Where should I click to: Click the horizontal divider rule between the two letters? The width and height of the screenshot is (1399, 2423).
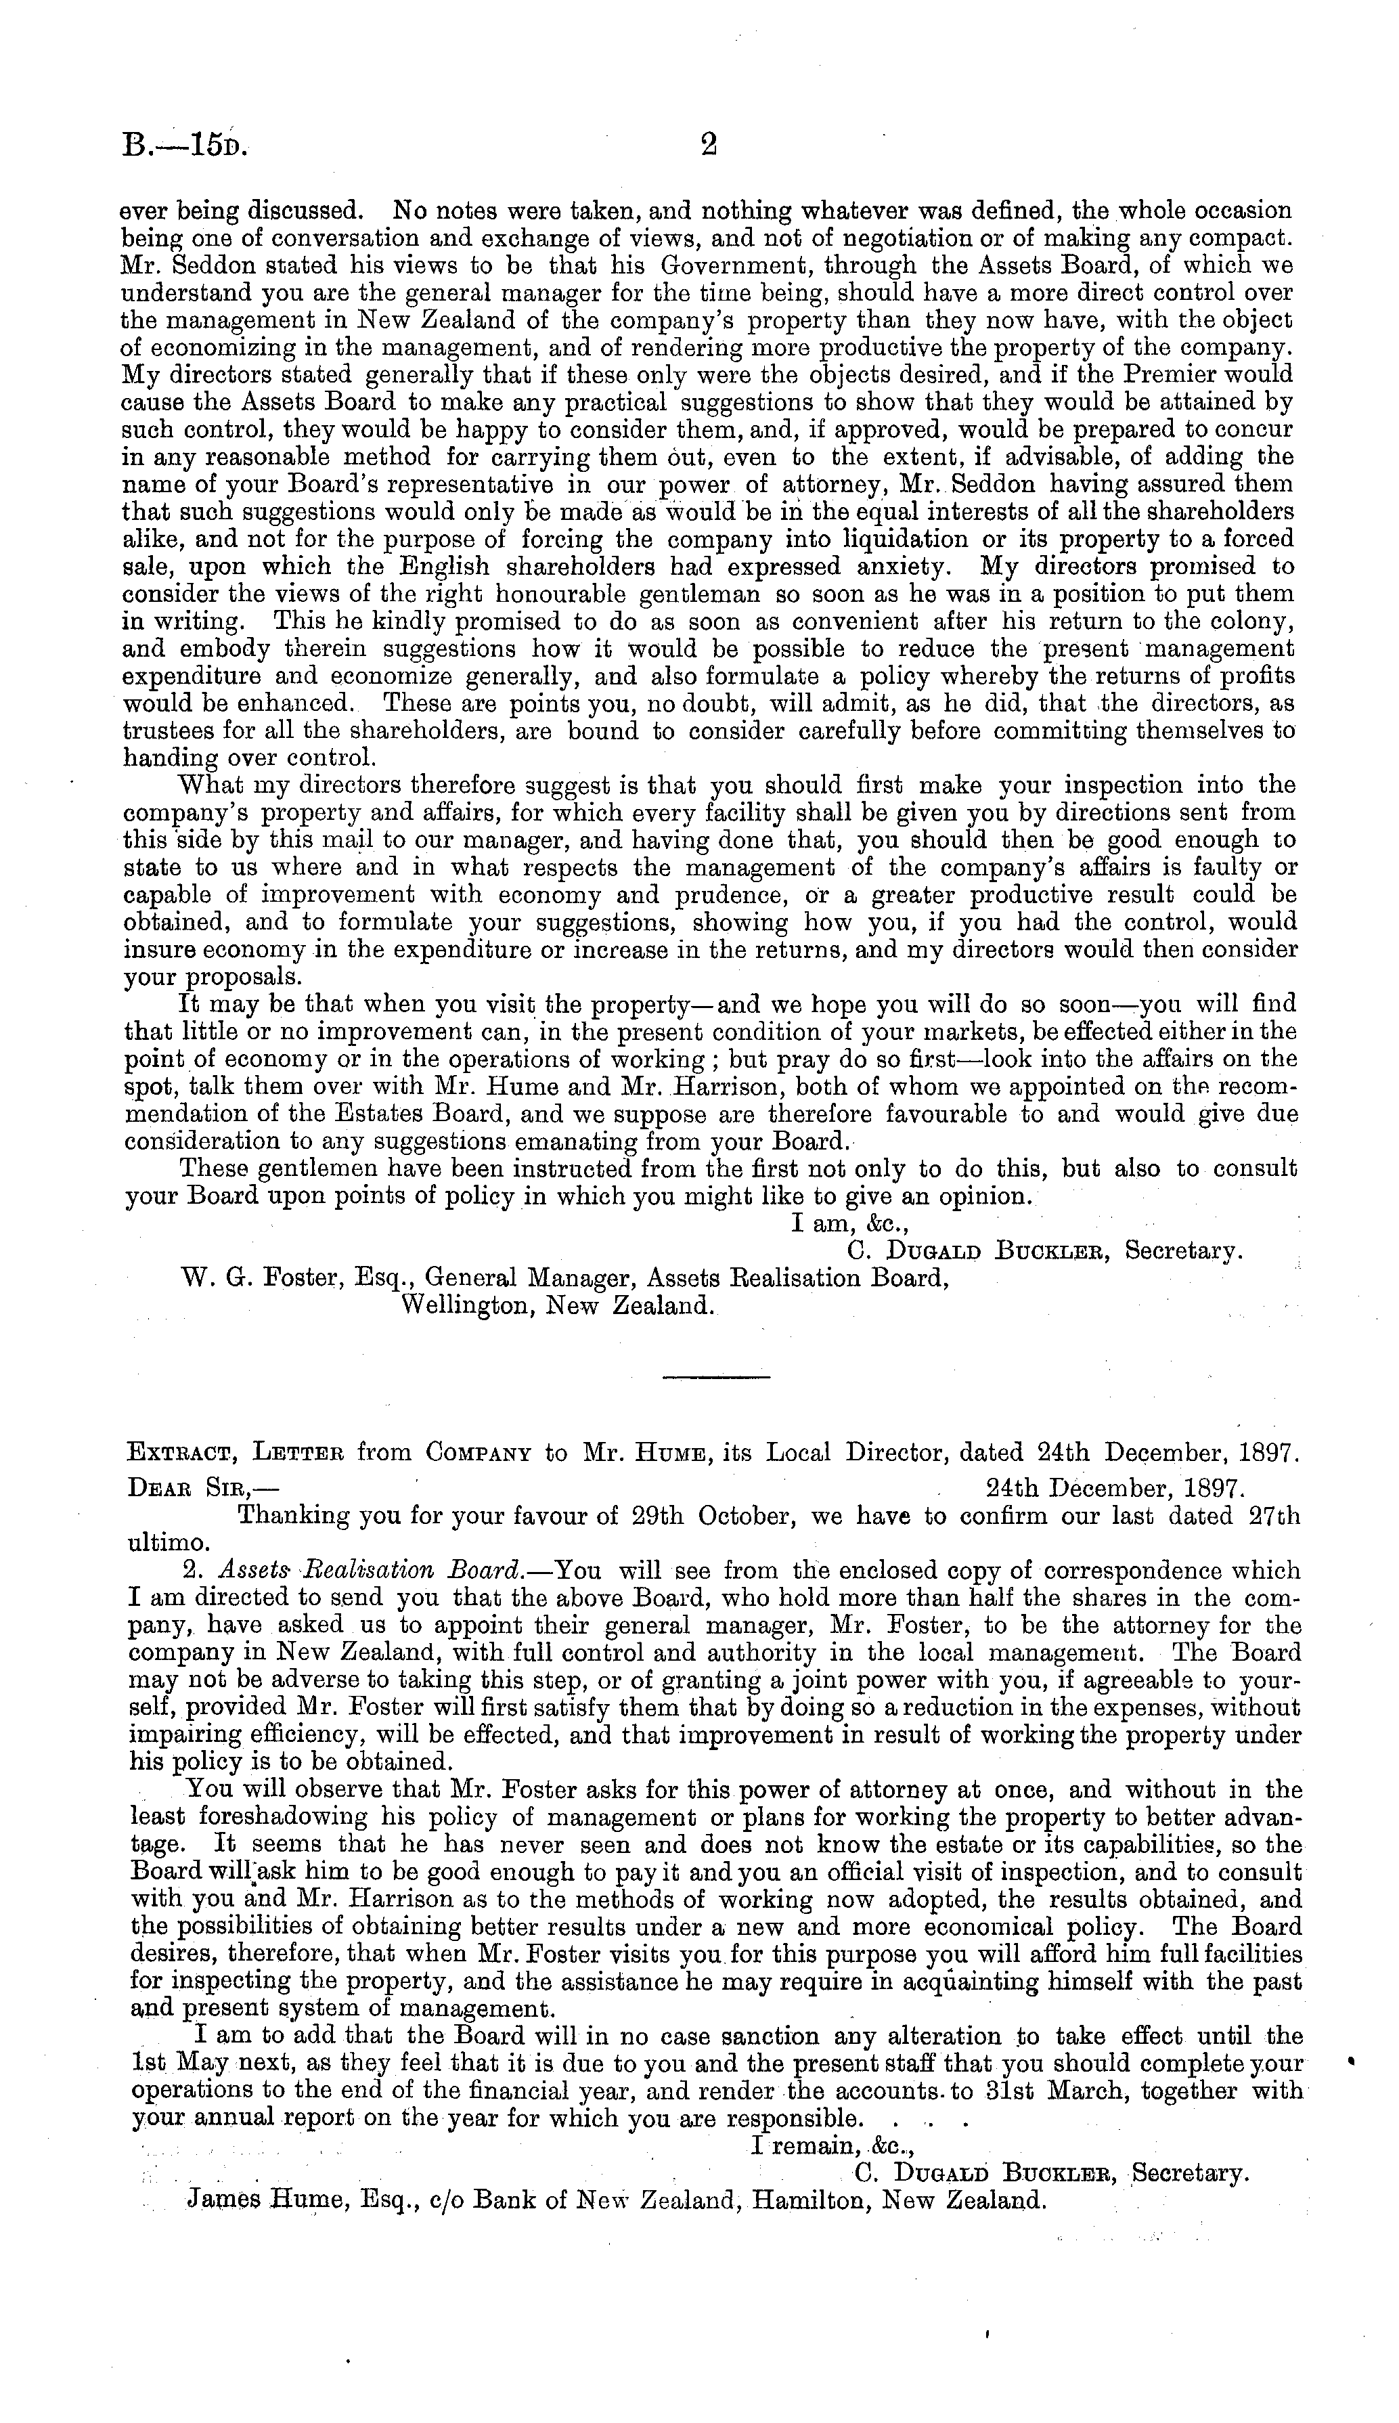716,1379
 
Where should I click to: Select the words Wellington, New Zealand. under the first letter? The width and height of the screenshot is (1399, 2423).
556,1306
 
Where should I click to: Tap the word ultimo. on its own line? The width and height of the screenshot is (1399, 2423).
167,1544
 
